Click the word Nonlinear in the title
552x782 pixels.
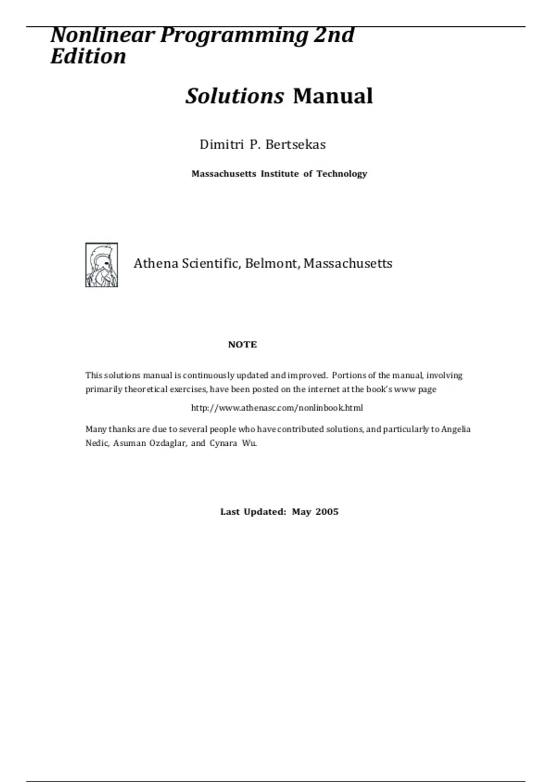tap(103, 35)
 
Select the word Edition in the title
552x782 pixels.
tap(88, 57)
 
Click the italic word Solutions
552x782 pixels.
tap(235, 96)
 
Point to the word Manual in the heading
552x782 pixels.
tap(333, 96)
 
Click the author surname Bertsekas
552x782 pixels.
tap(295, 144)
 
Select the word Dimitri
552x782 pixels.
tap(221, 144)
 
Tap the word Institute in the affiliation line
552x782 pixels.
tap(280, 174)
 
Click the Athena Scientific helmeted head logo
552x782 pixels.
tap(102, 265)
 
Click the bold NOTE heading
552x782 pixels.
tap(242, 345)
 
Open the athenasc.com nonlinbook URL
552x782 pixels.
tap(277, 408)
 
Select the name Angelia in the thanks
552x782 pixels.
tap(455, 429)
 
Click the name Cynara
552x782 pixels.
tap(223, 443)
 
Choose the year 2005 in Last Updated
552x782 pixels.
tap(327, 512)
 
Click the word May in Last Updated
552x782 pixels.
tap(301, 512)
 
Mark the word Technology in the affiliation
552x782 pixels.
tap(342, 174)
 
